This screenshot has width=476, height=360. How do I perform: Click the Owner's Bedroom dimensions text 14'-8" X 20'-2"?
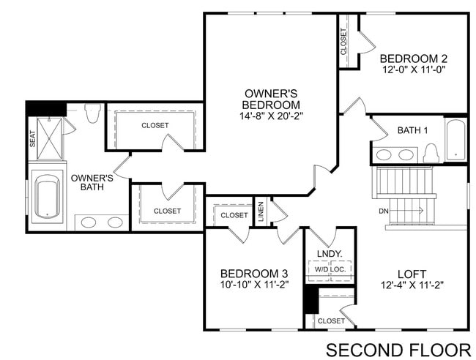coord(270,116)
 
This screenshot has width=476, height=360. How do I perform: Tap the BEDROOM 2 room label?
coord(413,59)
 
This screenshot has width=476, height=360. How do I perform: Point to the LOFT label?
coord(413,274)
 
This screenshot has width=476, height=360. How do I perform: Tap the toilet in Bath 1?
coord(431,152)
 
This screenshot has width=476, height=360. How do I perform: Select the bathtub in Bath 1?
coord(455,140)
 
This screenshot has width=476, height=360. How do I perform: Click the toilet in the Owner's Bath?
coord(92,114)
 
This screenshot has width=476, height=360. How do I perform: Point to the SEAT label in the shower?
coord(33,138)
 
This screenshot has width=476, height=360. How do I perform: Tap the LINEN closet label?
coord(261,211)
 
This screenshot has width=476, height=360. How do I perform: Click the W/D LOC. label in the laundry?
coord(330,270)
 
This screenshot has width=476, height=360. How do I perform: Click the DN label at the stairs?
coord(383,211)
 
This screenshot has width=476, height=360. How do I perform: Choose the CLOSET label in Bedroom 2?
coord(343,42)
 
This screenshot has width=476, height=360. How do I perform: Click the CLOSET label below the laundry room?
coord(331,320)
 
